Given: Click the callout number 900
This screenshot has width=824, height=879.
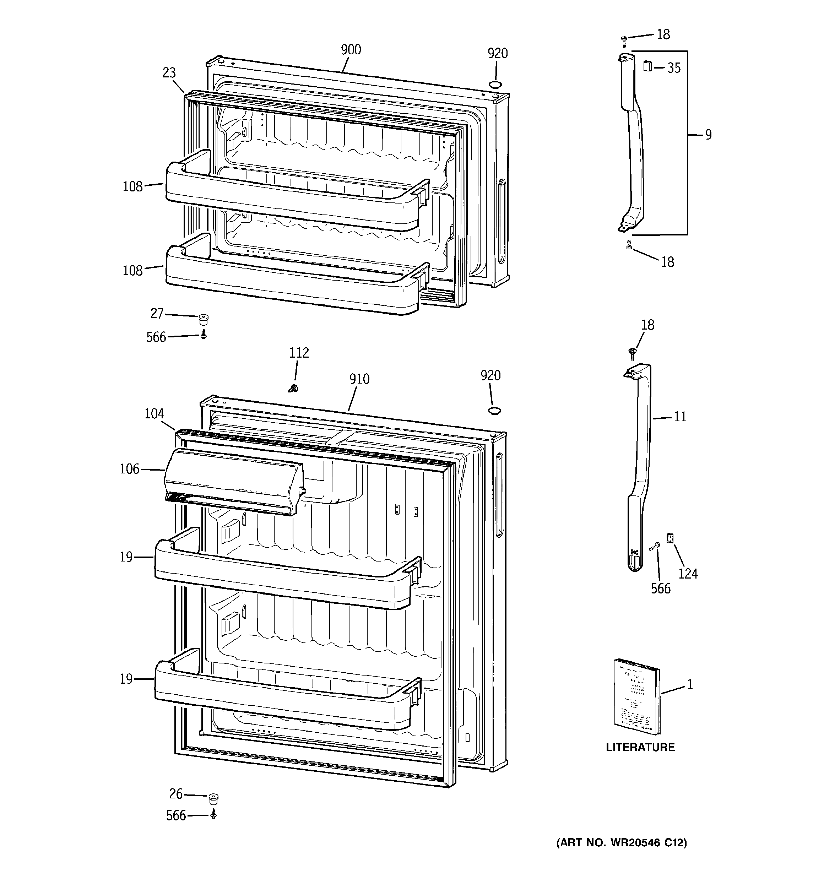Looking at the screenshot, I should coord(351,49).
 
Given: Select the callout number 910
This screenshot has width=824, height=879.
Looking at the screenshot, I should coord(359,379).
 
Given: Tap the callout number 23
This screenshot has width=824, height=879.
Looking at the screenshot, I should coord(169,72).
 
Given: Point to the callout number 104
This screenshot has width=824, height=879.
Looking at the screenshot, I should coord(154,413).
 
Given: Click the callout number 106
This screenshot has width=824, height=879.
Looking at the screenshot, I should coord(129,469).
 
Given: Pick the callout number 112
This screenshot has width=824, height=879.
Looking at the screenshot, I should coord(299,352).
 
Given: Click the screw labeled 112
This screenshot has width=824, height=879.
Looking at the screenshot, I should coord(293,388).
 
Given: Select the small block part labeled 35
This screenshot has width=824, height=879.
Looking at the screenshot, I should coord(647,67).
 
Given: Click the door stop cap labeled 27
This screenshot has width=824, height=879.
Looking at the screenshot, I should coord(204,318).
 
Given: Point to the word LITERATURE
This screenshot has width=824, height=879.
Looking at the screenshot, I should coord(640,747).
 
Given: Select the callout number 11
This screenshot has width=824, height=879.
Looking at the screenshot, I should coord(680,417).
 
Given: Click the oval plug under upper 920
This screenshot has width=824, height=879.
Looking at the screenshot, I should coord(495,85).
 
